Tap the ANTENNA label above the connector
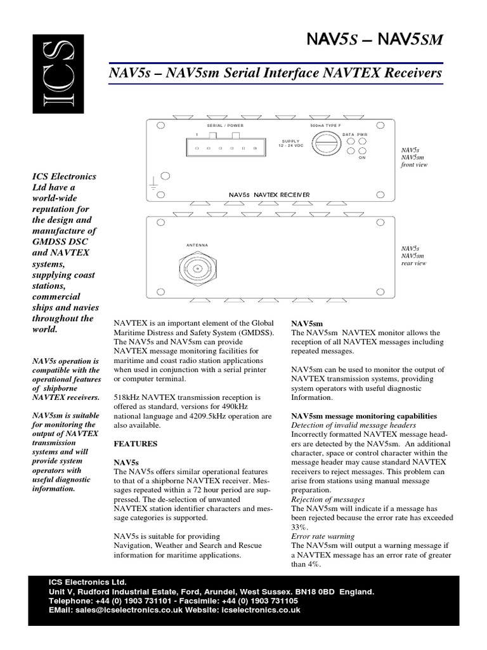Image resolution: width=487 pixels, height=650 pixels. [197, 245]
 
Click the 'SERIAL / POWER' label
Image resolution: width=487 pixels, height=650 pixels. [225, 126]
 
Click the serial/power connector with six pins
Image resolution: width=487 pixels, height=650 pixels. [225, 147]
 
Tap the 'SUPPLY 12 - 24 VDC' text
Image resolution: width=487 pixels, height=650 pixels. [291, 143]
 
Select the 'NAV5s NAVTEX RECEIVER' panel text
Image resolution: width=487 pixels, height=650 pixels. [269, 194]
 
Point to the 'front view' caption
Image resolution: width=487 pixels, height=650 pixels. [413, 164]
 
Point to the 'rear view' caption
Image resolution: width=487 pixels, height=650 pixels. [413, 263]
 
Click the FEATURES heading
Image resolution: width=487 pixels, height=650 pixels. [136, 442]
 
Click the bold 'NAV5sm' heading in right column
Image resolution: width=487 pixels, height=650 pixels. [306, 323]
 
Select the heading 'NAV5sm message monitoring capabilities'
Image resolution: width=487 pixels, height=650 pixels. [364, 416]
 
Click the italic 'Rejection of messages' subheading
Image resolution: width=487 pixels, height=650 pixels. [328, 500]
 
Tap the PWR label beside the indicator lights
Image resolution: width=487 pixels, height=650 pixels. [362, 135]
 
